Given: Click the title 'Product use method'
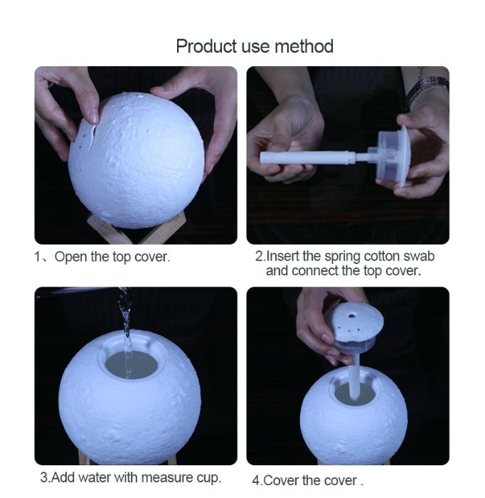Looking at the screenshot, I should point(255,47).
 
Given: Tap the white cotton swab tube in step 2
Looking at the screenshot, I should point(306,158).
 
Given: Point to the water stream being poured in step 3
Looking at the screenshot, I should point(126,327).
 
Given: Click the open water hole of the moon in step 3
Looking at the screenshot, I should point(131,364).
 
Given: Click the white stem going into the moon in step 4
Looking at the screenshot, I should point(354,377).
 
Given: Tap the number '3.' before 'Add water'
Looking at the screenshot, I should point(44,477).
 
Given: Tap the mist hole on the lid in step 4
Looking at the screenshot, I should point(353,312).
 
